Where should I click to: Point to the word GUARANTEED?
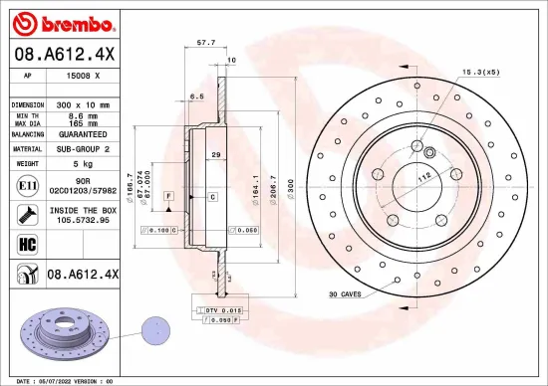84,133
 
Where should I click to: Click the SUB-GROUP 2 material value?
83,147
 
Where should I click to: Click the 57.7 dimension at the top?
206,43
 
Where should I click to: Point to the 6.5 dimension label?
197,96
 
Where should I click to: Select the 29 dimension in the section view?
214,156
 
